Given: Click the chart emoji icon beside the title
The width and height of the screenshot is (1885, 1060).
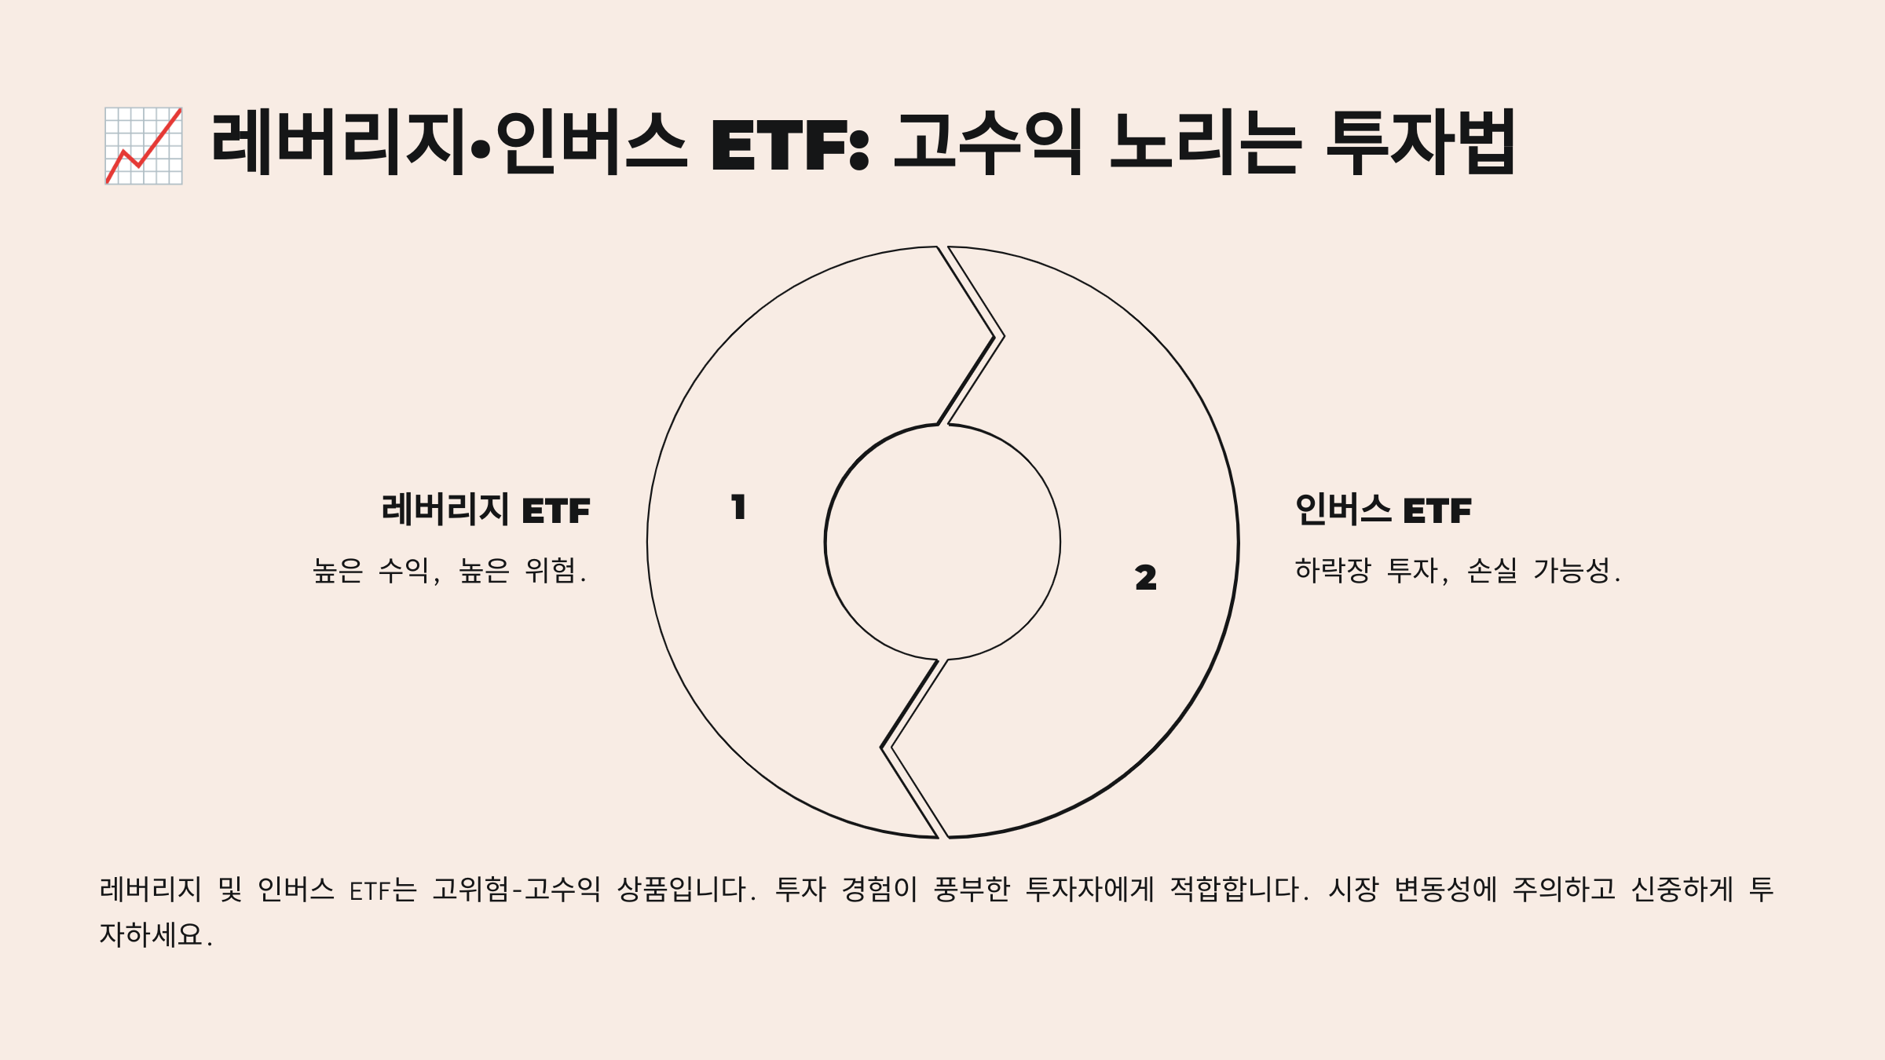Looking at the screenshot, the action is pyautogui.click(x=144, y=146).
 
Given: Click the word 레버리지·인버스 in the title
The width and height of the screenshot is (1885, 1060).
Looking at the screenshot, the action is pyautogui.click(x=448, y=143).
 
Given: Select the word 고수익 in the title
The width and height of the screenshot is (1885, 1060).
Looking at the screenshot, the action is pyautogui.click(x=989, y=143).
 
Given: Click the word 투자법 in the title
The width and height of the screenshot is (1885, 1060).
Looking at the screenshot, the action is pyautogui.click(x=1421, y=143).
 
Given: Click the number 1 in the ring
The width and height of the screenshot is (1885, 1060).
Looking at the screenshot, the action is pyautogui.click(x=738, y=507).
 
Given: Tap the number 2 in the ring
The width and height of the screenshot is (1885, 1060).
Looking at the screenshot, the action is pyautogui.click(x=1146, y=578).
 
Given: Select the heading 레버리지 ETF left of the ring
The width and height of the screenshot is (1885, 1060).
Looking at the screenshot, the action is pyautogui.click(x=485, y=510).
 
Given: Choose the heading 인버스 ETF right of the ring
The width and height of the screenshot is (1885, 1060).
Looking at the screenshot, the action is pyautogui.click(x=1383, y=510).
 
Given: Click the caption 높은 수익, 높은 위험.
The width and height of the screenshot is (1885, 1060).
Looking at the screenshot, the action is pyautogui.click(x=449, y=571).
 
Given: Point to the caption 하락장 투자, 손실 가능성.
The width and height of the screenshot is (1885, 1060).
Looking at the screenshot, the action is pyautogui.click(x=1458, y=571).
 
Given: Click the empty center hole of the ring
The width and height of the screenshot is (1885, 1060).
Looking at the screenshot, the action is pyautogui.click(x=942, y=542).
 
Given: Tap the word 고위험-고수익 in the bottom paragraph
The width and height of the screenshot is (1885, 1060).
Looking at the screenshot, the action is pyautogui.click(x=516, y=890).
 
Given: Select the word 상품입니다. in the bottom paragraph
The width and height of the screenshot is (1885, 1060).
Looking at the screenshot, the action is pyautogui.click(x=686, y=890).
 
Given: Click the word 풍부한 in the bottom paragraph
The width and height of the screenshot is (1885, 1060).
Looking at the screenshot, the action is pyautogui.click(x=972, y=890).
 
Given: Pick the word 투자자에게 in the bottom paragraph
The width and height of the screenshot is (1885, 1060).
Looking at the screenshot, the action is pyautogui.click(x=1090, y=890).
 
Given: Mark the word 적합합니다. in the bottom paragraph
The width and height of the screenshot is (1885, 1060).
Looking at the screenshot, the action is pyautogui.click(x=1239, y=890).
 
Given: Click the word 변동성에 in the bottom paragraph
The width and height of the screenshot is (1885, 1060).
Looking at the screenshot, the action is pyautogui.click(x=1445, y=890).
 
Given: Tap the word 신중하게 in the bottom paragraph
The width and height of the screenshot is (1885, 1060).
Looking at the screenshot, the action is pyautogui.click(x=1682, y=890).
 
